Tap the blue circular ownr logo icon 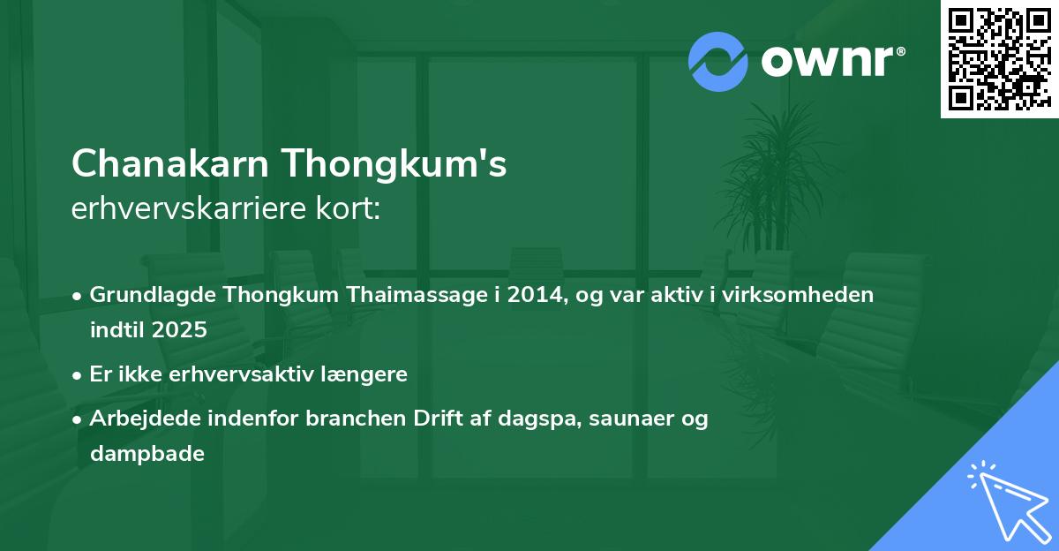[717, 61]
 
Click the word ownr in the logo [827, 61]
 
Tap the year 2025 [180, 330]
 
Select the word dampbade [146, 454]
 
